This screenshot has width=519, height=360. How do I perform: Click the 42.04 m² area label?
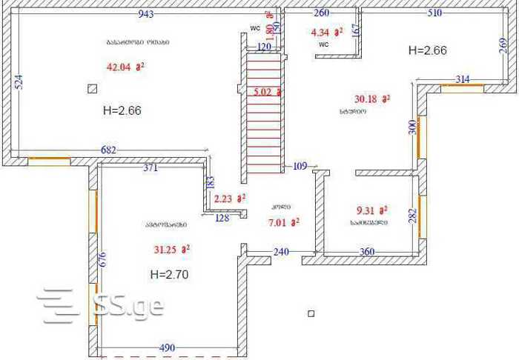click(125, 67)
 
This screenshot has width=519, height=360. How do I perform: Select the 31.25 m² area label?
click(172, 250)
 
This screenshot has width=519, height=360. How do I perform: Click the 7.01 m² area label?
click(282, 221)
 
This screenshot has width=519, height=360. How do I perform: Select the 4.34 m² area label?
click(326, 32)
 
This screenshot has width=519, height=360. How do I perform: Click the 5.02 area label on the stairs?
click(267, 93)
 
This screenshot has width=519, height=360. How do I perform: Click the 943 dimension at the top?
click(146, 14)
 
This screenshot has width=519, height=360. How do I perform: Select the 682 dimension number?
click(108, 150)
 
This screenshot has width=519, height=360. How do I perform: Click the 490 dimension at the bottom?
click(168, 347)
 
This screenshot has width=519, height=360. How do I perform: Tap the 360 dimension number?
click(367, 252)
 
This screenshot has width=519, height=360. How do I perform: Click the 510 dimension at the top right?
click(434, 13)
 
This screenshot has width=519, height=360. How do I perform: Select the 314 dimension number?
click(462, 79)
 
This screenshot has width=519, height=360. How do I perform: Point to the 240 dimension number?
click(281, 252)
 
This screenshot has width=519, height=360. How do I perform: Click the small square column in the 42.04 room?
click(92, 89)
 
